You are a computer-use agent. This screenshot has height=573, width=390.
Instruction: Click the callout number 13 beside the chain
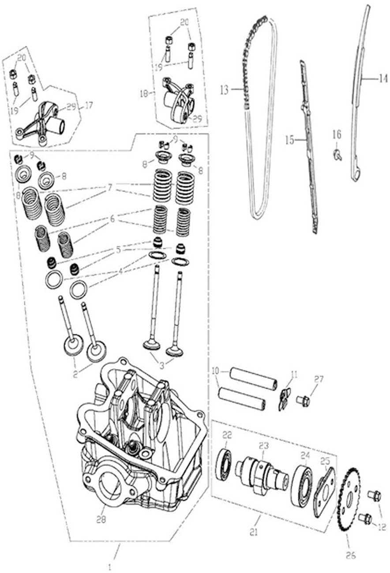[x=224, y=91]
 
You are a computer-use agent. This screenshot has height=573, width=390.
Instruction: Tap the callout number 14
[x=382, y=80]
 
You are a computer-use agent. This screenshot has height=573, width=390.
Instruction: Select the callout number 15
[x=289, y=140]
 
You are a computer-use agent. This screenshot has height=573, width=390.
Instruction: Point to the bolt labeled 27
[x=303, y=401]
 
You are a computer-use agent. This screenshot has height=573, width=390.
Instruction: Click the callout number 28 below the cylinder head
[x=101, y=520]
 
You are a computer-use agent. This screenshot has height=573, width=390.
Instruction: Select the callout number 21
[x=253, y=533]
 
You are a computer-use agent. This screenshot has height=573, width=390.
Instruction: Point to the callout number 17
[x=89, y=106]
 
